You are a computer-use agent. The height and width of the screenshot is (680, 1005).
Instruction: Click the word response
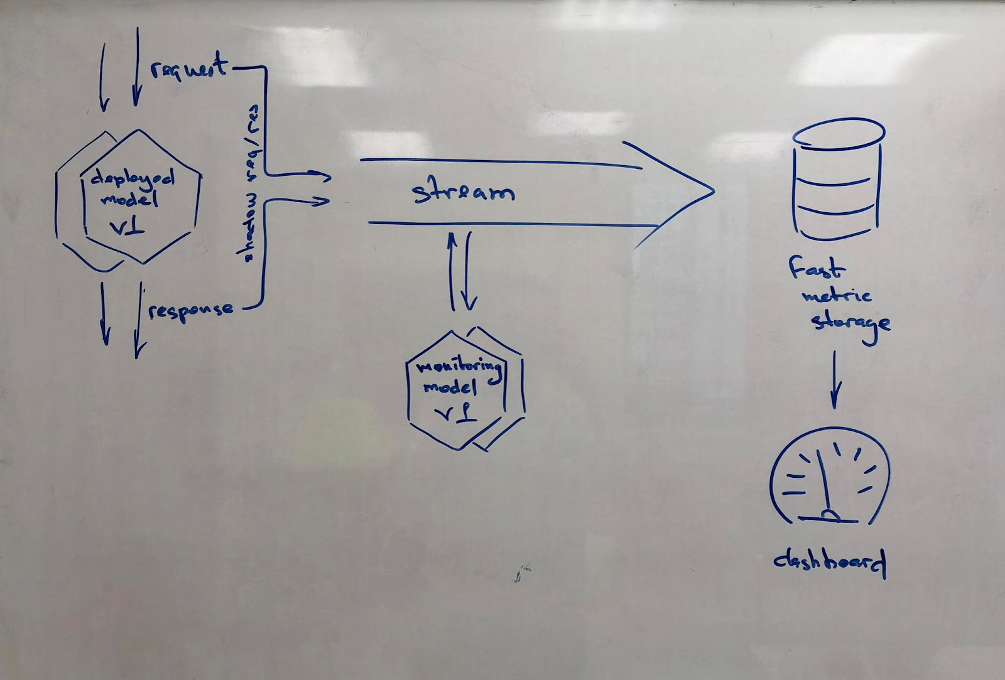click(191, 310)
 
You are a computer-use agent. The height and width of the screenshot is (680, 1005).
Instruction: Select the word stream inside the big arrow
click(463, 191)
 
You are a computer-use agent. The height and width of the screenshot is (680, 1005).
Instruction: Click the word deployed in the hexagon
click(133, 180)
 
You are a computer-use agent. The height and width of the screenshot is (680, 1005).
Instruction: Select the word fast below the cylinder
click(817, 269)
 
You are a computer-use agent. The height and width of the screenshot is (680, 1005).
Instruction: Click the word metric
click(837, 295)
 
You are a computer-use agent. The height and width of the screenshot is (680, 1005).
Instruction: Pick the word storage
click(850, 323)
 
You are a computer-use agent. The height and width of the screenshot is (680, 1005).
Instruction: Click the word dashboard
click(829, 560)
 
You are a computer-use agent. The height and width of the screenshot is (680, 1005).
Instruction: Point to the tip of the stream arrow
click(712, 190)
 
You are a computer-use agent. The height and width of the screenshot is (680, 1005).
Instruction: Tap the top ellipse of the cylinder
click(839, 132)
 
